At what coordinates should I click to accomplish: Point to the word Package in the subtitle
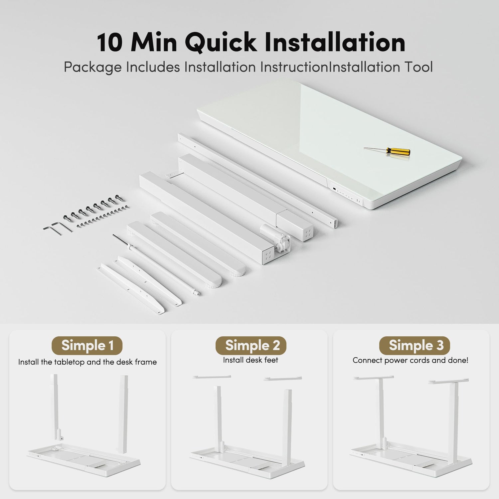coord(93,67)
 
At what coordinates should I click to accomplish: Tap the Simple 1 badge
coord(87,346)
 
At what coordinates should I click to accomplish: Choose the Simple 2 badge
coord(251,345)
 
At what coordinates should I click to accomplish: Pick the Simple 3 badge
coord(415,345)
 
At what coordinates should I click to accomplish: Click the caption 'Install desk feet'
coord(250,360)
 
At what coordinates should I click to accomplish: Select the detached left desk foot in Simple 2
coord(212,377)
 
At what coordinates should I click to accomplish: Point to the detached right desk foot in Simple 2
coord(283,379)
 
